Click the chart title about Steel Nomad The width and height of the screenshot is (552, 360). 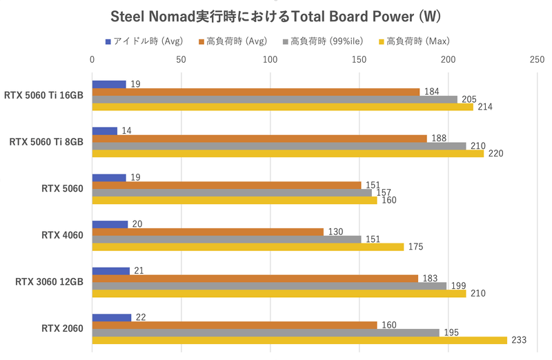(x=276, y=15)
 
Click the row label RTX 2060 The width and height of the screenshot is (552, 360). (x=62, y=328)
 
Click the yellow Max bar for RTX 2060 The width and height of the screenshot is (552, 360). (x=299, y=340)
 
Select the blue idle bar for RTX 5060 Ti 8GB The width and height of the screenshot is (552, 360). (x=104, y=130)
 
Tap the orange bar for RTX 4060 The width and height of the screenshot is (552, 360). (x=208, y=232)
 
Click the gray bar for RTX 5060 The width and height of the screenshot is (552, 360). (x=232, y=193)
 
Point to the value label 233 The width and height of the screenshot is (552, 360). (x=518, y=340)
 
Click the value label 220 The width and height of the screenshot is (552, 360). (x=495, y=154)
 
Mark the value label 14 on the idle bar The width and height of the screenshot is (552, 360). (x=127, y=130)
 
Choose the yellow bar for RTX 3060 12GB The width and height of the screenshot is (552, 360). (x=279, y=294)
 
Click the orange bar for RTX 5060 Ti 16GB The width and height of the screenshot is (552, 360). (x=256, y=92)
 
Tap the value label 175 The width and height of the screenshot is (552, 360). (x=415, y=247)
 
